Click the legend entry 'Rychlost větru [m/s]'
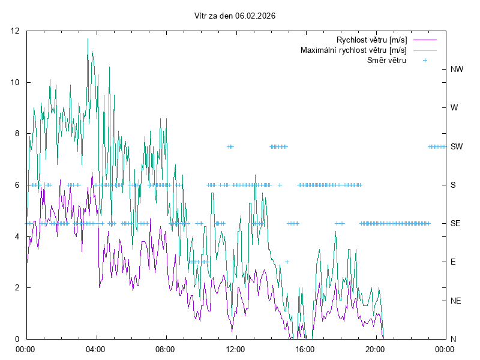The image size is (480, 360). [371, 40]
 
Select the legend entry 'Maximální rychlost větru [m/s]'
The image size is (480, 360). [353, 50]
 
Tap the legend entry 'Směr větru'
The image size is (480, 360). [386, 60]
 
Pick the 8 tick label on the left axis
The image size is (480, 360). [17, 133]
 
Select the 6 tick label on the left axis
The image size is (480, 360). [17, 185]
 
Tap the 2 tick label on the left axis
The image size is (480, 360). [17, 287]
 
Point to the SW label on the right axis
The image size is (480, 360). [457, 146]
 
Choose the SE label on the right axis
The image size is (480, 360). [455, 223]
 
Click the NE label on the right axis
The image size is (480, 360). [455, 301]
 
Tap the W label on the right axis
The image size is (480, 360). [454, 108]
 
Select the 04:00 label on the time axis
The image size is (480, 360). [95, 348]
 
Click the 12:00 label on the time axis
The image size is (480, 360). [235, 348]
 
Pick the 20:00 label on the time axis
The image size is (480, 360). [375, 348]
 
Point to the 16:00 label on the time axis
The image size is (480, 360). [305, 348]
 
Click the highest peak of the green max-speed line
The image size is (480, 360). [88, 38]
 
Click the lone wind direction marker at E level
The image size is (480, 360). [287, 262]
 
